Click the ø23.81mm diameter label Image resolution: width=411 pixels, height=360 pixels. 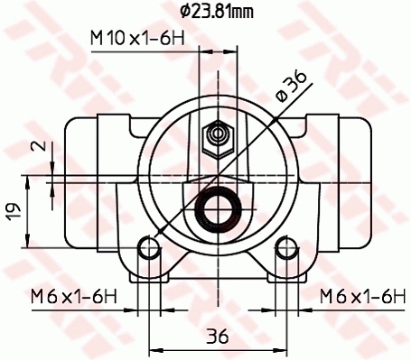coord(218,12)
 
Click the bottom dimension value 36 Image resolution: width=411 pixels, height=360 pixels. coord(216,336)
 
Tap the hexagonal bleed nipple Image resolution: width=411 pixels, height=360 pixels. coord(217,134)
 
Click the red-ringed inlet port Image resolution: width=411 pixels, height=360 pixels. coord(217,212)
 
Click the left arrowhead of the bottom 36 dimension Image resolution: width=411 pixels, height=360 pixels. coord(154,348)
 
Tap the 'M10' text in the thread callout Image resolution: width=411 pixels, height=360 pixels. coord(107,39)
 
